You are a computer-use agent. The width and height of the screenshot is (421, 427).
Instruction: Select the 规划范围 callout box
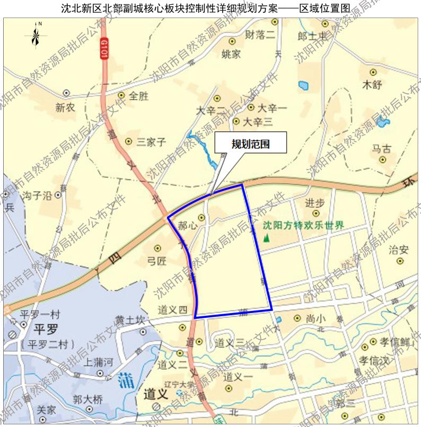[x=251, y=144]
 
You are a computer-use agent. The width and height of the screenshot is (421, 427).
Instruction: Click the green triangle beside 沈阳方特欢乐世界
[x=266, y=237]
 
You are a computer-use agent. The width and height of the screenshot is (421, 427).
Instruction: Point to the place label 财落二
[x=260, y=35]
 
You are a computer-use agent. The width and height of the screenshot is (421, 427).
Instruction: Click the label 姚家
[x=231, y=54]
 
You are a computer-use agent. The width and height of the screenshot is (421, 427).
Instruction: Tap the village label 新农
[x=66, y=108]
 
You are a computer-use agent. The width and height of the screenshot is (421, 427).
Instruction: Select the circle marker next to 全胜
[x=121, y=96]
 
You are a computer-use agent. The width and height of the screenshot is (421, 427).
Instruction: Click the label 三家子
[x=152, y=141]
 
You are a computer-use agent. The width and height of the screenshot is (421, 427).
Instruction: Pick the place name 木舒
[x=372, y=85]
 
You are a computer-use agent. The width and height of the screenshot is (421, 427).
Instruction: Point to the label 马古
[x=381, y=149]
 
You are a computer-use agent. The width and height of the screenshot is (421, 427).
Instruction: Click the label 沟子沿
[x=37, y=195]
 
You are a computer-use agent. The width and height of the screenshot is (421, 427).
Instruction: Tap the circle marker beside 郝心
[x=201, y=217]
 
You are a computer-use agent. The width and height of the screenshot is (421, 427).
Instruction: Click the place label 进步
[x=315, y=203]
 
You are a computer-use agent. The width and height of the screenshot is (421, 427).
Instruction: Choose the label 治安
[x=399, y=249]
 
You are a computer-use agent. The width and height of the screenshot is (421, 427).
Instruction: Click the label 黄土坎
[x=130, y=321]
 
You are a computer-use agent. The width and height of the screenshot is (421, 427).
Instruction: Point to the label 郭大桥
[x=88, y=399]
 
